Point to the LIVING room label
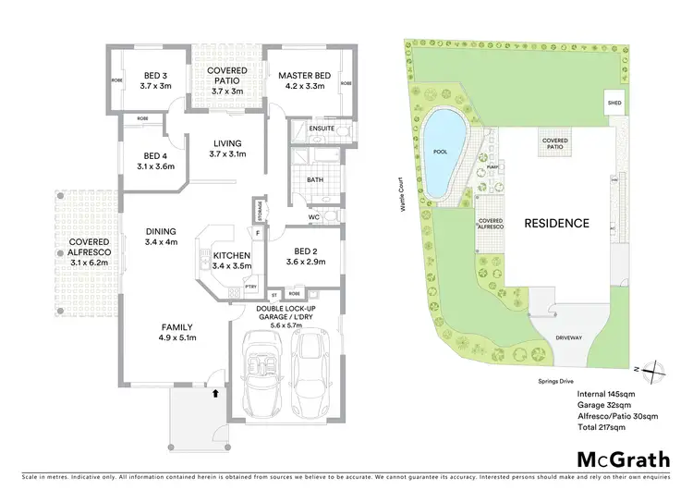coord(226,143)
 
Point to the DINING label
coord(160,231)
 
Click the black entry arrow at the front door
coord(216,393)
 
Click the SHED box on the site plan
coord(614,103)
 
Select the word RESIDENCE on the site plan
coord(556,223)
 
